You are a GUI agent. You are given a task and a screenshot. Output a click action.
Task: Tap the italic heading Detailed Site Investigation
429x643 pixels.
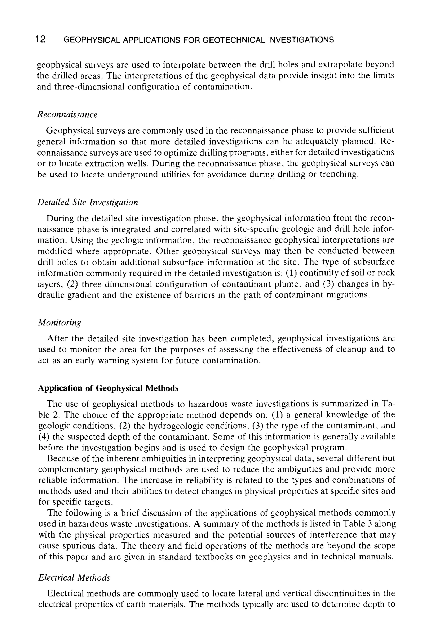pos(88,203)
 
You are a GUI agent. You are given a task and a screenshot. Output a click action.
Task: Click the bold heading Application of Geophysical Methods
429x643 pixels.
pos(108,388)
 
